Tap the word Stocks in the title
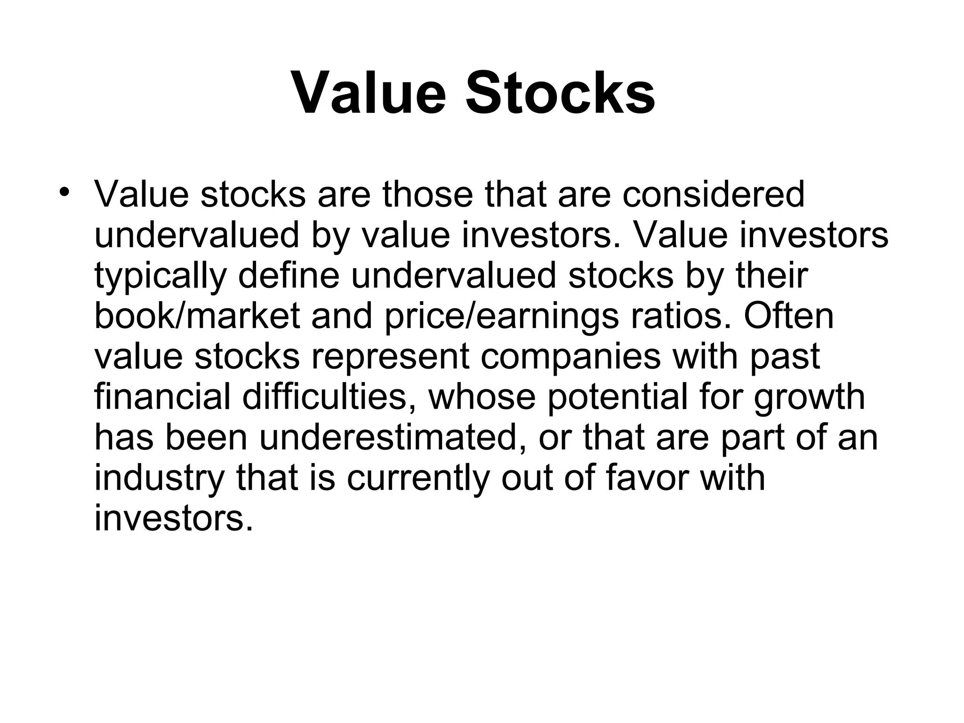(560, 93)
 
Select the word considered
(713, 194)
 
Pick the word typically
(161, 276)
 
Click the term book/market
(197, 316)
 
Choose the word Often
(788, 316)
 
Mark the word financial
(162, 397)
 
